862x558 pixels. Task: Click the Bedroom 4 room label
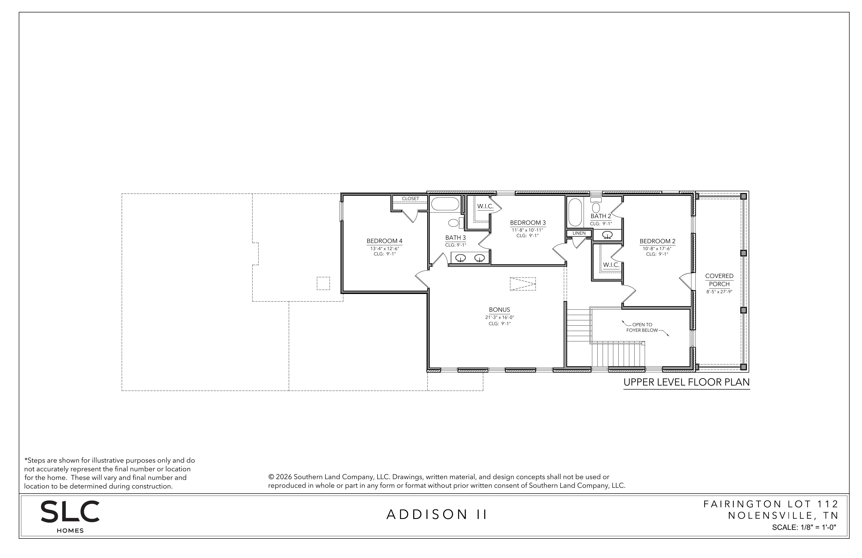click(384, 241)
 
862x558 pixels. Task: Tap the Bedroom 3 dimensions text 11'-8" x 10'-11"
click(527, 230)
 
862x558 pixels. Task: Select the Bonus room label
click(499, 310)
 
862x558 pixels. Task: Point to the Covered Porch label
click(719, 280)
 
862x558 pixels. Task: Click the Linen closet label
click(579, 233)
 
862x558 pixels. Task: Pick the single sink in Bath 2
click(607, 235)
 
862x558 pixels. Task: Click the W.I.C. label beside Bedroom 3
click(485, 206)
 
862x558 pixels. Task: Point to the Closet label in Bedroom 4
click(410, 199)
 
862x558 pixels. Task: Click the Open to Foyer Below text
click(642, 327)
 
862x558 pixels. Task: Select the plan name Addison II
click(437, 515)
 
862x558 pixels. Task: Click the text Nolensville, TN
click(783, 515)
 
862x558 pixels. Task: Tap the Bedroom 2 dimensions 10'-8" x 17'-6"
click(657, 249)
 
